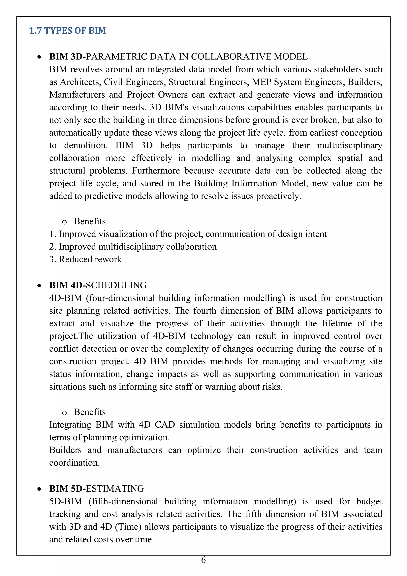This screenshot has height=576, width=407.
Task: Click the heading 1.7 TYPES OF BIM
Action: [67, 31]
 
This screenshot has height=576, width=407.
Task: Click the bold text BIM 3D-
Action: [67, 57]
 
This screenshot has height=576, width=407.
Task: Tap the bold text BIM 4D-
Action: [67, 285]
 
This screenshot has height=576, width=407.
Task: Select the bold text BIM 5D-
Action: [67, 488]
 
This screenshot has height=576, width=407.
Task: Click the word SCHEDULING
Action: [116, 285]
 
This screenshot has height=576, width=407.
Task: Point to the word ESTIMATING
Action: [115, 488]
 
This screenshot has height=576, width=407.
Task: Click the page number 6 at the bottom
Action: [203, 560]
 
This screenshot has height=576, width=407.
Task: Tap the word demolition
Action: [86, 145]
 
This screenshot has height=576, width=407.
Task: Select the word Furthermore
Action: [156, 171]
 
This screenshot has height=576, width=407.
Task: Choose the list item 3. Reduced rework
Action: [85, 259]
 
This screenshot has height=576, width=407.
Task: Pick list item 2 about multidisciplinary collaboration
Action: [133, 247]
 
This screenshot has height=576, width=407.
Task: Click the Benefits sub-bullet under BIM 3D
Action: [89, 221]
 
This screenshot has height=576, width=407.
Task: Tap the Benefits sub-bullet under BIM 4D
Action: [89, 412]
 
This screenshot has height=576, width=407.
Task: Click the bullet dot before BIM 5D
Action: [39, 489]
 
